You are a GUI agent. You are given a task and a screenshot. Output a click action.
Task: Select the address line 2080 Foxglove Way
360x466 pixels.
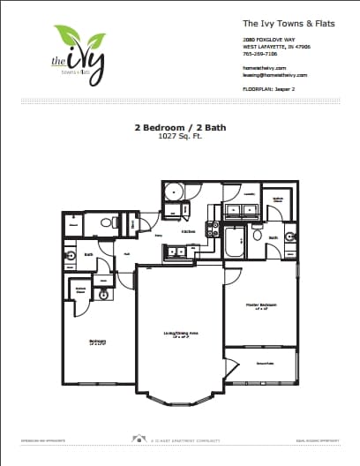click(x=265, y=40)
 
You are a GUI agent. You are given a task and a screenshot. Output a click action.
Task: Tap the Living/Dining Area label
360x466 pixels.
click(x=179, y=333)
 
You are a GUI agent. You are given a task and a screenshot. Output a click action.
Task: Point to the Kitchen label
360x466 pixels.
click(x=189, y=232)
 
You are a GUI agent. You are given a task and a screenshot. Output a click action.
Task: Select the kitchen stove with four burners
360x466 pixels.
click(x=212, y=229)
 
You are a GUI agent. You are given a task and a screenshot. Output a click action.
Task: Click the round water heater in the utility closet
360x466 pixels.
click(x=175, y=192)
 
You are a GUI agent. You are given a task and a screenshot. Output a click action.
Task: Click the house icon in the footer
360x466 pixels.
click(x=139, y=438)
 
